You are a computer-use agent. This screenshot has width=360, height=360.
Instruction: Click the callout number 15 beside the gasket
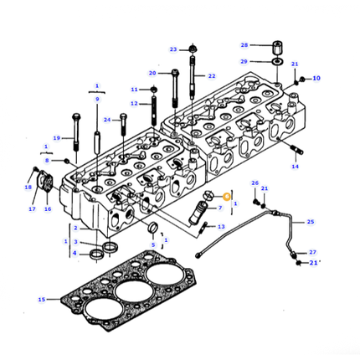42,299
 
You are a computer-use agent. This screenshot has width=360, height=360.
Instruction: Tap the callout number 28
244,44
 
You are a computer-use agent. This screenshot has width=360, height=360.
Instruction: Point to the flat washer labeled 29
275,62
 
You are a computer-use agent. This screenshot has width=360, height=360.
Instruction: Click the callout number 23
172,49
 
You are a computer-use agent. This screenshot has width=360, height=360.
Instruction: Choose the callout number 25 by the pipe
310,222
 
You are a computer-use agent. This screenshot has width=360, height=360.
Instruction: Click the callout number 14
295,167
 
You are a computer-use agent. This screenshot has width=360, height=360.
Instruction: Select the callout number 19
57,138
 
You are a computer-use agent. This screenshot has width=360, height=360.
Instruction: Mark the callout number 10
316,79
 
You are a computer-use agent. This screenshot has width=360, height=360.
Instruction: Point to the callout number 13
221,227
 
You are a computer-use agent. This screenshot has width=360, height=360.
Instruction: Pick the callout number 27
312,252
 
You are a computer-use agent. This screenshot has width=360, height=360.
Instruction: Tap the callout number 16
48,209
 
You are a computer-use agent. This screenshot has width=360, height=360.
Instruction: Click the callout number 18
28,188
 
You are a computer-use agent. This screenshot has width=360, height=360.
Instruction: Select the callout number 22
212,76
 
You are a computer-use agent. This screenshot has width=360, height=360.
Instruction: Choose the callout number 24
107,120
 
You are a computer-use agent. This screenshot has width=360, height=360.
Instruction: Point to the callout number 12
134,103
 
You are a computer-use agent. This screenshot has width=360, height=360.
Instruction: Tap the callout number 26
255,183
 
